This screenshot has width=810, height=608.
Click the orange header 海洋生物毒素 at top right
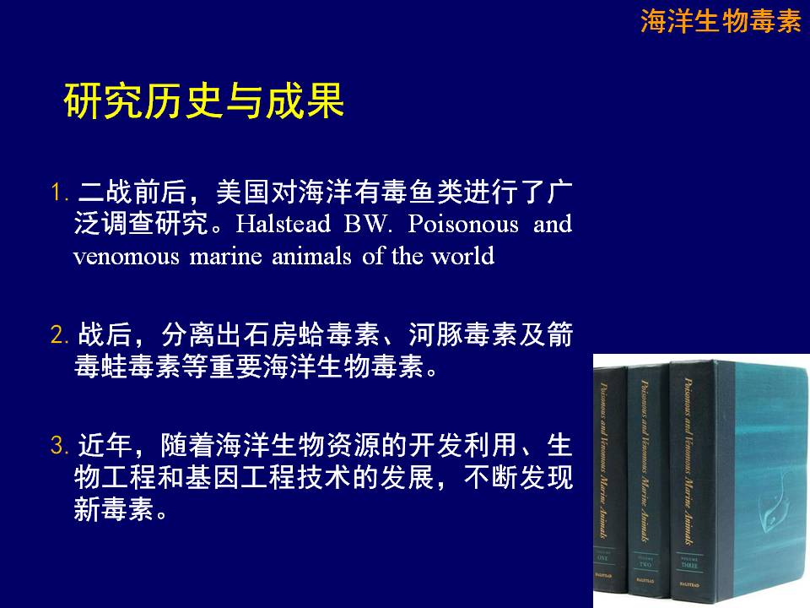coord(721,22)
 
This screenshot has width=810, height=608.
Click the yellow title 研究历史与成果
coord(204,100)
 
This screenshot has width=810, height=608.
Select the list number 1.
coord(59,193)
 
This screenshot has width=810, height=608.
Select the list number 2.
coord(59,334)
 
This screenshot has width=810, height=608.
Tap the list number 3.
coord(59,445)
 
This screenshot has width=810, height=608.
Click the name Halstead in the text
coord(283,224)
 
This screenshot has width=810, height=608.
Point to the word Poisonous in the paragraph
coord(463,224)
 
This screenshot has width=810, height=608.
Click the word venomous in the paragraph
coord(126,257)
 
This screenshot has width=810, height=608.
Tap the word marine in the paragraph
coord(226,257)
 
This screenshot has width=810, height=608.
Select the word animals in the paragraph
coord(311,257)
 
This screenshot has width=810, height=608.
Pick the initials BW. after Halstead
coord(369,224)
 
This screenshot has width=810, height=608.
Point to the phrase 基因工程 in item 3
coord(239,476)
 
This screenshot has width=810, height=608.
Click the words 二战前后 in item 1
coord(132,192)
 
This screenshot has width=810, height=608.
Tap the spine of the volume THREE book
coord(691,482)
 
